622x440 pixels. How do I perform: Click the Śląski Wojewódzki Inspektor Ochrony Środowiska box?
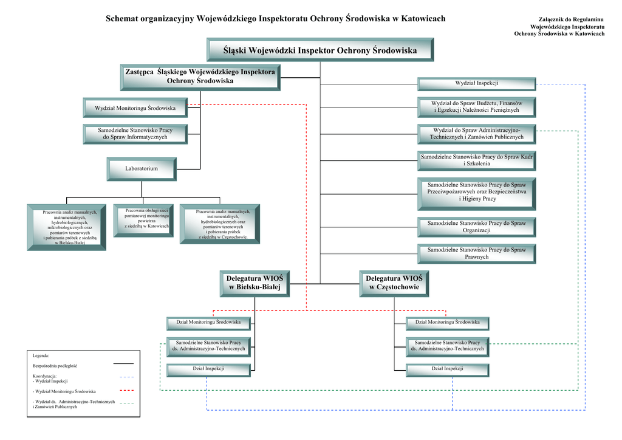pyautogui.click(x=320, y=50)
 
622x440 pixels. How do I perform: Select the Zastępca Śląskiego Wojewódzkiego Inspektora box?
pyautogui.click(x=200, y=78)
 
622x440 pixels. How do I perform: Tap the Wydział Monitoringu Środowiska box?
pyautogui.click(x=135, y=108)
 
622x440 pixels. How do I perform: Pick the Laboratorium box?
pyautogui.click(x=142, y=169)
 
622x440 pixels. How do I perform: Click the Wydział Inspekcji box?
pyautogui.click(x=477, y=84)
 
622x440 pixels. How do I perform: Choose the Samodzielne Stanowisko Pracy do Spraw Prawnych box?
pyautogui.click(x=477, y=253)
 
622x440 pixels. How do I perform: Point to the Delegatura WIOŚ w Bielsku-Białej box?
pyautogui.click(x=255, y=284)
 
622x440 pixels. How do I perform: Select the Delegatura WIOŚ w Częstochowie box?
pyautogui.click(x=394, y=284)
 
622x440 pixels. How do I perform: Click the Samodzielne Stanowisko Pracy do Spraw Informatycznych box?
pyautogui.click(x=135, y=134)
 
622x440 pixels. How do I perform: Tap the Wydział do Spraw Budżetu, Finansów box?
pyautogui.click(x=477, y=107)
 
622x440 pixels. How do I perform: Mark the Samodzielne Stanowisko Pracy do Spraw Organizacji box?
pyautogui.click(x=477, y=227)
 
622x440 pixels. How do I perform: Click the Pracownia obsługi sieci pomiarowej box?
pyautogui.click(x=143, y=221)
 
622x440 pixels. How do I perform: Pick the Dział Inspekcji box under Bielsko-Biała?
pyautogui.click(x=209, y=370)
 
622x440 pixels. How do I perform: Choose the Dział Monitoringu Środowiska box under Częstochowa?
pyautogui.click(x=448, y=323)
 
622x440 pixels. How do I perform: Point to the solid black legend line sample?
pyautogui.click(x=123, y=363)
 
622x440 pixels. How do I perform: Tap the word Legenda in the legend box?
pyautogui.click(x=41, y=356)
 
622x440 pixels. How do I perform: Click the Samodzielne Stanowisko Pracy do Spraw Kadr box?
pyautogui.click(x=477, y=160)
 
